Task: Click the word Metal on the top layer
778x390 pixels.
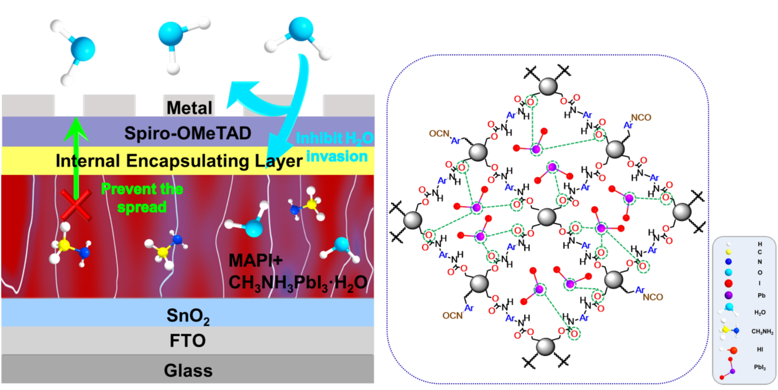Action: (x=189, y=108)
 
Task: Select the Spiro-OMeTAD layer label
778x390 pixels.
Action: (x=188, y=134)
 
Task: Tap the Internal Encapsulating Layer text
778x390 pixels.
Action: (x=179, y=161)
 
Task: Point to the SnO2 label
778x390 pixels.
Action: (x=188, y=313)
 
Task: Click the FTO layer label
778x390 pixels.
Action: (x=188, y=341)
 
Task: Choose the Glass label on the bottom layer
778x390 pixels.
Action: (x=188, y=370)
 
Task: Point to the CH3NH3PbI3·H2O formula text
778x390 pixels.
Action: (x=298, y=281)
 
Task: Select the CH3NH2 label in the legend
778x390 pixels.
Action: (x=762, y=331)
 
